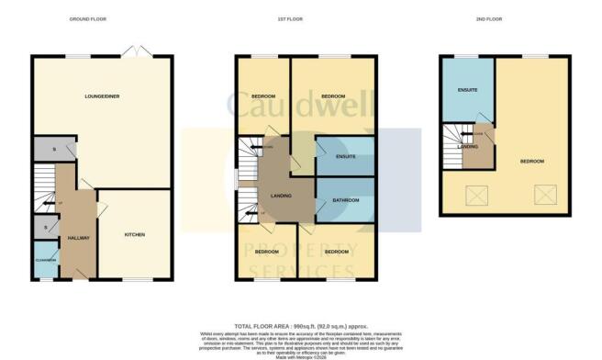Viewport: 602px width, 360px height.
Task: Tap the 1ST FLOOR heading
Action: tap(305, 18)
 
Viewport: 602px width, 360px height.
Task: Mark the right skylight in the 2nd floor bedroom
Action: tap(541, 195)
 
